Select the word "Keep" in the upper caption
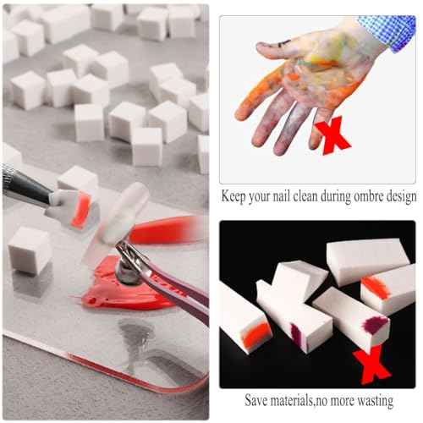pos(236,196)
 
